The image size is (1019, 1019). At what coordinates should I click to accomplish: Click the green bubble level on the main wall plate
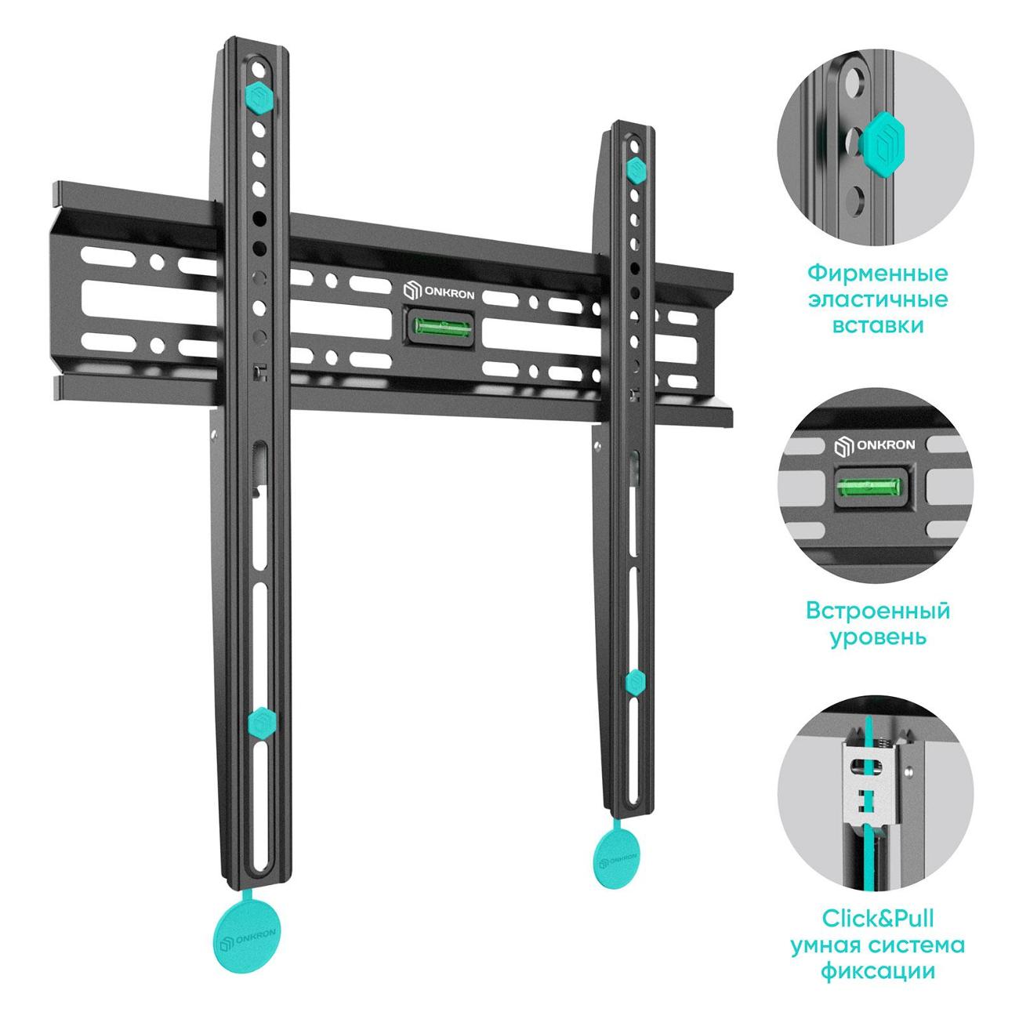[x=438, y=327]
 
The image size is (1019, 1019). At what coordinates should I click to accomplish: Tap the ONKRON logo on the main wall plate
[x=439, y=292]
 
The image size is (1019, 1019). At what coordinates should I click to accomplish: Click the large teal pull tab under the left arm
[x=247, y=935]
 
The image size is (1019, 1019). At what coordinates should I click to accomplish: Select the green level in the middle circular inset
[x=872, y=487]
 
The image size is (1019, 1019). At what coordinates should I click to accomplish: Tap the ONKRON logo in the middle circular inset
[x=875, y=445]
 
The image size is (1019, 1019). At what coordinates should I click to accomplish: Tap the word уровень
[x=878, y=636]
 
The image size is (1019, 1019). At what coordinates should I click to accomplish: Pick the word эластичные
[x=879, y=300]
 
